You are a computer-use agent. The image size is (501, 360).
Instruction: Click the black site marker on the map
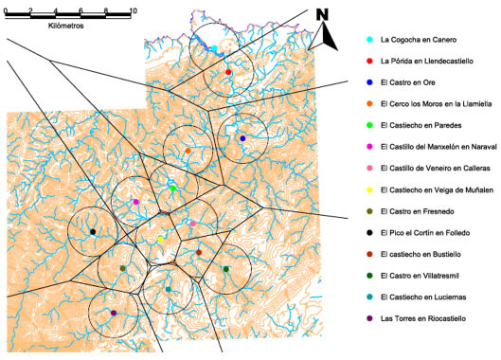point(93,231)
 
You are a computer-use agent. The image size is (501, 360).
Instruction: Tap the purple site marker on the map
point(114,313)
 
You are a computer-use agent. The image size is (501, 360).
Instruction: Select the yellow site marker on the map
point(161,240)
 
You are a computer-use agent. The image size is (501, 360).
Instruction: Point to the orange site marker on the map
point(188,151)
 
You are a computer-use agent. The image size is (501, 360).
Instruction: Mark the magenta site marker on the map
point(136,202)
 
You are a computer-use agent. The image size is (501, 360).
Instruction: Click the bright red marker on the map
point(228,72)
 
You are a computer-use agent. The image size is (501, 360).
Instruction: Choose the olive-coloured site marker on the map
point(123,269)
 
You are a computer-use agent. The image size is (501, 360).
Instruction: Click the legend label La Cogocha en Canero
point(418,40)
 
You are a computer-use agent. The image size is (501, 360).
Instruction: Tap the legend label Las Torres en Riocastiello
point(421,318)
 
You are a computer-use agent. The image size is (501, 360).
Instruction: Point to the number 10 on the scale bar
point(132,9)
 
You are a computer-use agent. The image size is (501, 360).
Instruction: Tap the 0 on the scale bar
point(6,9)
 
